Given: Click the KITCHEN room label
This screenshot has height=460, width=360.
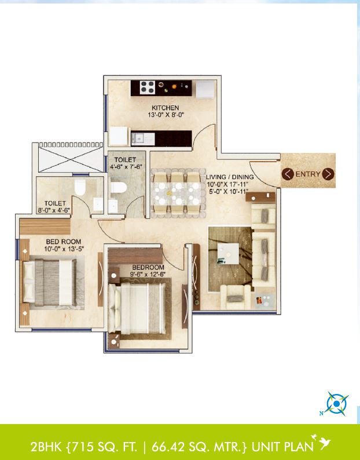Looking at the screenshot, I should point(165,108).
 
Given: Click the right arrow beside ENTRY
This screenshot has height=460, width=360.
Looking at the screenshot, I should point(328,174).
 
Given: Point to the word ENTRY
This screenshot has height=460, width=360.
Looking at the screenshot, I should point(308,174).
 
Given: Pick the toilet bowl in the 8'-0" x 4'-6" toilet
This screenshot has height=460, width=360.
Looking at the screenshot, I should point(81,187).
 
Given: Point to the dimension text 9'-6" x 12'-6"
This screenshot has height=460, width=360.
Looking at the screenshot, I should point(144,275).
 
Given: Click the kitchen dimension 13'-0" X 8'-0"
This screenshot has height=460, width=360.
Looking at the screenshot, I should point(165,115).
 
